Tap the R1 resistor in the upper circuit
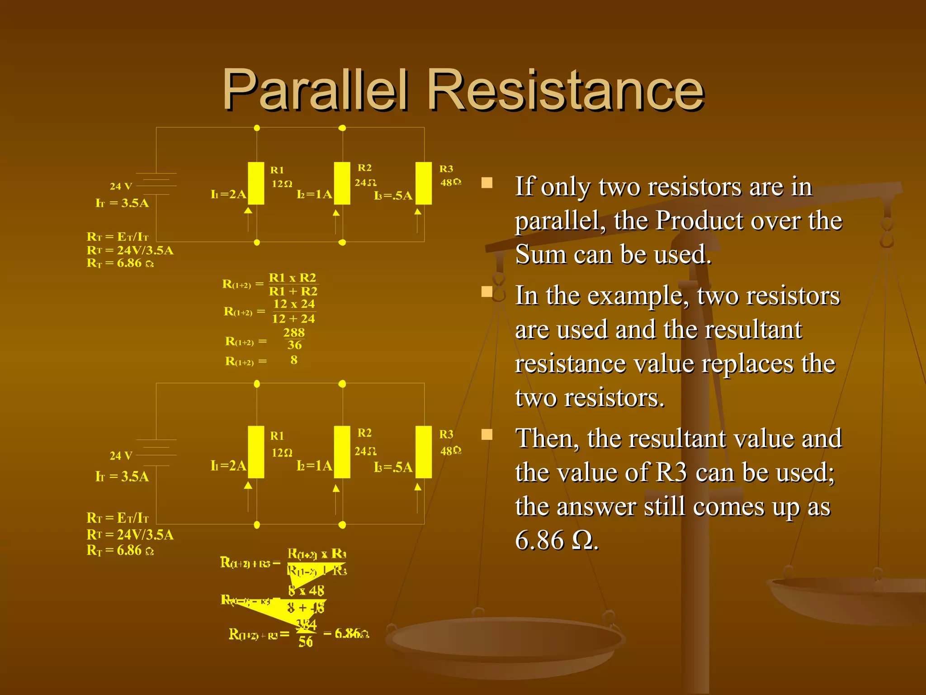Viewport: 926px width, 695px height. click(x=256, y=183)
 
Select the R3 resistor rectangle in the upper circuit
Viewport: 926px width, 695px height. click(x=424, y=183)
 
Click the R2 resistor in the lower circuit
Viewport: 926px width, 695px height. click(x=342, y=452)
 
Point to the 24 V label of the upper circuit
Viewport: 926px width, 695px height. click(x=121, y=186)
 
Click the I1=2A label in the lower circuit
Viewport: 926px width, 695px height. click(x=228, y=466)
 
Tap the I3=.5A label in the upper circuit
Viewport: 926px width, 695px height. click(x=393, y=196)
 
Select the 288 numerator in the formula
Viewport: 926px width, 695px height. click(x=294, y=333)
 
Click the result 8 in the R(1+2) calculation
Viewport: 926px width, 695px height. click(x=294, y=360)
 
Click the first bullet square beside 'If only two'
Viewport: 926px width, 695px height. click(x=487, y=183)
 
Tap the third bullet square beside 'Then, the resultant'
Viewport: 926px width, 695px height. click(x=487, y=434)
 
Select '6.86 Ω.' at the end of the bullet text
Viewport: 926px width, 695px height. click(x=557, y=540)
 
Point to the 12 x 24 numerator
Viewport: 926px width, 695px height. click(x=294, y=304)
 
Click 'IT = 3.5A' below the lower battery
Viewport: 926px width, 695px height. click(x=122, y=476)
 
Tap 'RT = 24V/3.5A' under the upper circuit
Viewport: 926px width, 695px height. click(x=130, y=250)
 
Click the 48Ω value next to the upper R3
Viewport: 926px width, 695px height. click(x=450, y=182)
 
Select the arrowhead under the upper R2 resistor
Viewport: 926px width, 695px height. click(x=336, y=213)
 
